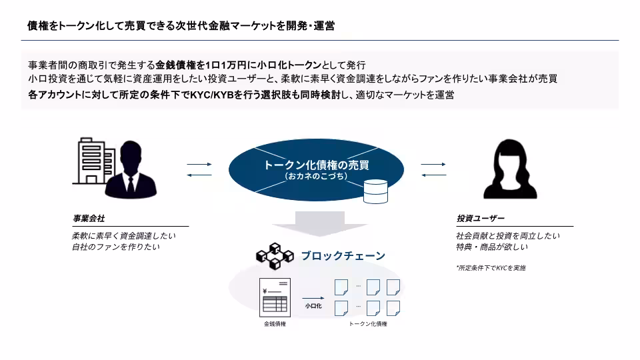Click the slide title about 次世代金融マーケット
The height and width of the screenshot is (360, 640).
181,26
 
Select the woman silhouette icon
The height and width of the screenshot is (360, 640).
509,169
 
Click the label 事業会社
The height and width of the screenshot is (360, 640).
89,219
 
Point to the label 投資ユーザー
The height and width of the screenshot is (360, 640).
480,219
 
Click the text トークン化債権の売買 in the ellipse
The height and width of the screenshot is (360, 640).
316,165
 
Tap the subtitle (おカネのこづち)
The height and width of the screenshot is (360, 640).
316,177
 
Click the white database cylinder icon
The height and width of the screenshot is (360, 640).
375,191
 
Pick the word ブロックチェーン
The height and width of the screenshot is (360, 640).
343,255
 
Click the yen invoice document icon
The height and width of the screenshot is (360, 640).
275,297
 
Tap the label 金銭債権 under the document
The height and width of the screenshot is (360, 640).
275,324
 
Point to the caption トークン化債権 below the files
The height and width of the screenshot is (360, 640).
368,324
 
